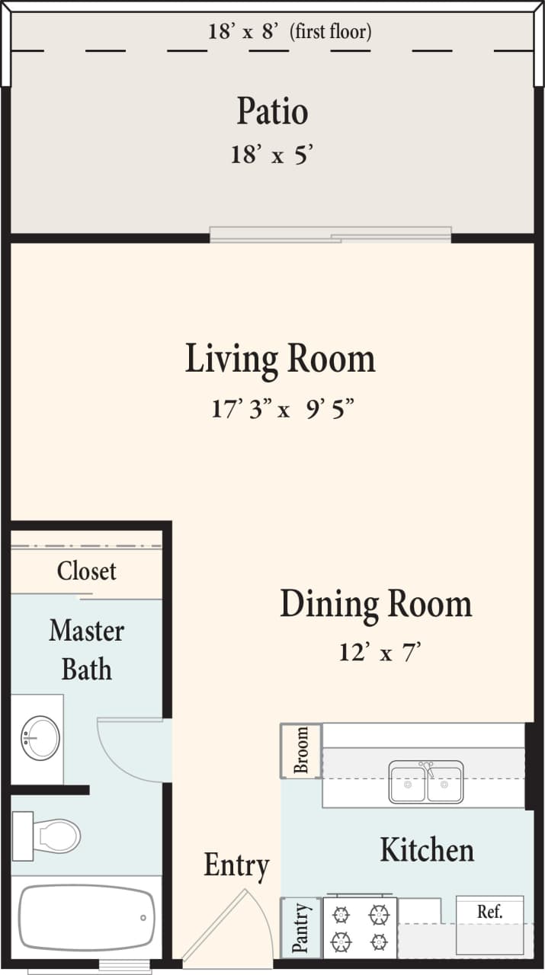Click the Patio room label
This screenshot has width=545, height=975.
point(272,111)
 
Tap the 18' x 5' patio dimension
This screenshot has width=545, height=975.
point(272,155)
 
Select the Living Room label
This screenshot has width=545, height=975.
point(280,359)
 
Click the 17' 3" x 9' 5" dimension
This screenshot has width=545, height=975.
point(281,410)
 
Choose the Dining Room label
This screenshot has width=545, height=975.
point(376,604)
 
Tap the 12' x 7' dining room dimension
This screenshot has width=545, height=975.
point(380,653)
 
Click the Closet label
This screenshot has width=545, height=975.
point(86,571)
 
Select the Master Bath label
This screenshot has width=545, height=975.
point(86,650)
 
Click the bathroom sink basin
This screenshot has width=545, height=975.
point(40,737)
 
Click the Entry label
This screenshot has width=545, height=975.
point(236,866)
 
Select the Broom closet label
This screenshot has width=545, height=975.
point(301,750)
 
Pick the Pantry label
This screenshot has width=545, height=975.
point(301,928)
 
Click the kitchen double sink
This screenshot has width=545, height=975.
point(425,782)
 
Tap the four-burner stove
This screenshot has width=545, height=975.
point(360,927)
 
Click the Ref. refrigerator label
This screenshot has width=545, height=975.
point(489,911)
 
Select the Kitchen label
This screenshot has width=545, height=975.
point(427,849)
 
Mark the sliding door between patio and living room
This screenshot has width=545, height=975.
point(330,235)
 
